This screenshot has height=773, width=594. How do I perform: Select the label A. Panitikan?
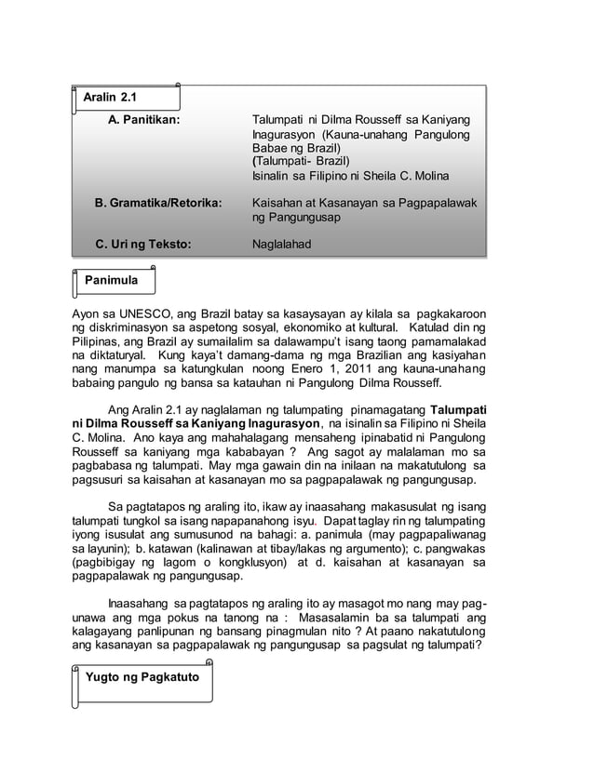tap(144, 121)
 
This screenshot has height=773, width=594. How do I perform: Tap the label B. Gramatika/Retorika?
tap(159, 202)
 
